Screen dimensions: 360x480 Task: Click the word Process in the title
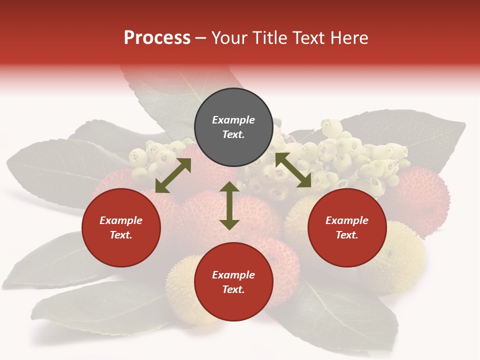(157, 38)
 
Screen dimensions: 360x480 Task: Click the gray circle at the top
(233, 127)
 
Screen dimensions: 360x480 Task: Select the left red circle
(121, 228)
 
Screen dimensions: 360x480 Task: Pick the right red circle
(347, 228)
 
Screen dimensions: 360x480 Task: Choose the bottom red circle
(233, 282)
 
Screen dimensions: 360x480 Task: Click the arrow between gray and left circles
(173, 175)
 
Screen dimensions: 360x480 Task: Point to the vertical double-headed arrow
(229, 205)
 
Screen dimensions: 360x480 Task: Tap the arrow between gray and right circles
(293, 170)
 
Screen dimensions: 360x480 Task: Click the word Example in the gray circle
(233, 120)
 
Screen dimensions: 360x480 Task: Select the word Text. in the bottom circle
(233, 289)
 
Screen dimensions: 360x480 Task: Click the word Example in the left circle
(121, 220)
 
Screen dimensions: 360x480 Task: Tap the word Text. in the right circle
(347, 235)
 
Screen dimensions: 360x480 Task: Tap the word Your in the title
(229, 38)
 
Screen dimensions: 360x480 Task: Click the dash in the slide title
(201, 38)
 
